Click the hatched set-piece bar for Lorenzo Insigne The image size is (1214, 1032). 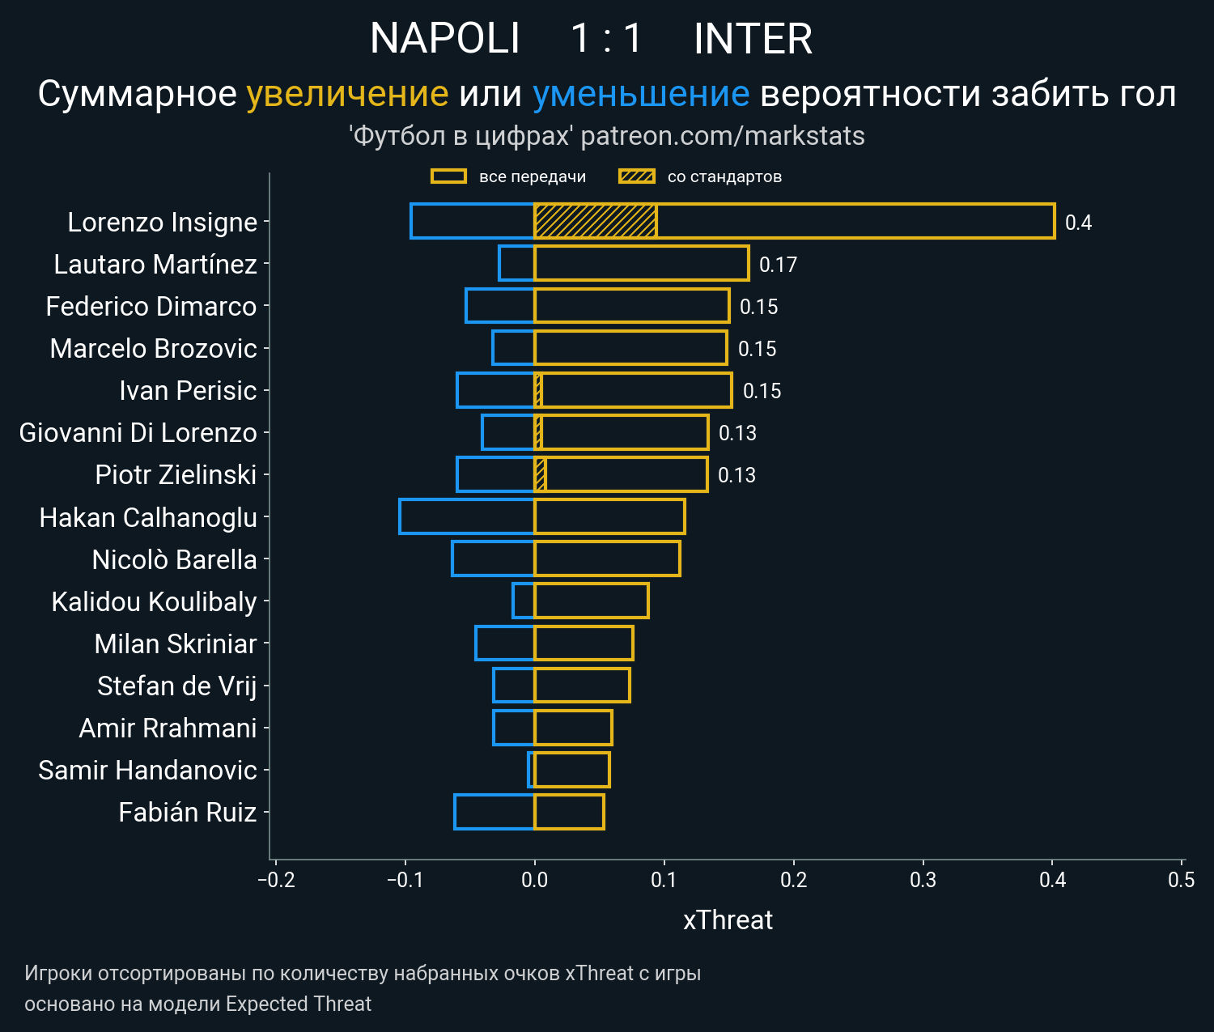[595, 221]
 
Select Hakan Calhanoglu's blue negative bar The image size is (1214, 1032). [467, 516]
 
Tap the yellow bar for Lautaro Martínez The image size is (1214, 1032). [641, 264]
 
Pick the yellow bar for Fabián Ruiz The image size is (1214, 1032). [569, 812]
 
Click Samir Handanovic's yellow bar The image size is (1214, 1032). [572, 770]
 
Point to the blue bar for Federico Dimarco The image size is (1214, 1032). [500, 306]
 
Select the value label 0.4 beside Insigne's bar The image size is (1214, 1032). [1078, 223]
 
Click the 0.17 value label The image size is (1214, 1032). [778, 265]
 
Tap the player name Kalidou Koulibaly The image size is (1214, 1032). [154, 601]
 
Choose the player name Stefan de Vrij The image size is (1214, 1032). [176, 686]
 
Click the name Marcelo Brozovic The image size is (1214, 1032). [153, 348]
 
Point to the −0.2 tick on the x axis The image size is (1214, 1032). [276, 880]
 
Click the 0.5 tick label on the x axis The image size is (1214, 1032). [1182, 880]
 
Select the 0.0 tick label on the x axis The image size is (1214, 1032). [534, 880]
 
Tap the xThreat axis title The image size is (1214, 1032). [728, 920]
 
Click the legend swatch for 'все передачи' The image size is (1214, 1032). [448, 176]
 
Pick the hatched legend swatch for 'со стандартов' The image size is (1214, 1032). [636, 176]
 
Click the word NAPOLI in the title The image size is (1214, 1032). [444, 39]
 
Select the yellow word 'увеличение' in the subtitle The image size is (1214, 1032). [347, 94]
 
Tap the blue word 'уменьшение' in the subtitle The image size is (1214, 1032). [641, 94]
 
